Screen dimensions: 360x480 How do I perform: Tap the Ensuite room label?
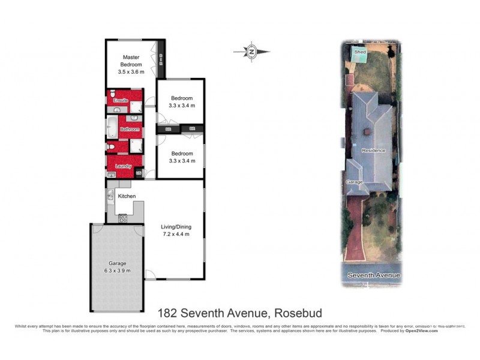coord(121,100)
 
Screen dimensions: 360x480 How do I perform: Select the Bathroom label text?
coord(130,129)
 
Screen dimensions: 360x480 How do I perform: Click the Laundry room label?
coord(123,166)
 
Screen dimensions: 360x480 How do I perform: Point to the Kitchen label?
coord(127,196)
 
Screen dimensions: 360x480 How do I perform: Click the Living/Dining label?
coord(175,227)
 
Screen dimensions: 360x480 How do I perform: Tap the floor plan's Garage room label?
coord(118,263)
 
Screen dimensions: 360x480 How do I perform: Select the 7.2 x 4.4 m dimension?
coord(175,234)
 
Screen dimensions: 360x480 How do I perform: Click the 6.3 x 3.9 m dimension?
coord(118,270)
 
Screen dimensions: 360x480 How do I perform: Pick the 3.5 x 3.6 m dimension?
coord(131,71)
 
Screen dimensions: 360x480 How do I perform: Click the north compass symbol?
coord(252,52)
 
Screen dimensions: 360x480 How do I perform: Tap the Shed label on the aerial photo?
coord(360,52)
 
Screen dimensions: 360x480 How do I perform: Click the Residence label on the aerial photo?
coord(373,151)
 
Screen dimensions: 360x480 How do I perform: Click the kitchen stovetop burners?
coord(123,218)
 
